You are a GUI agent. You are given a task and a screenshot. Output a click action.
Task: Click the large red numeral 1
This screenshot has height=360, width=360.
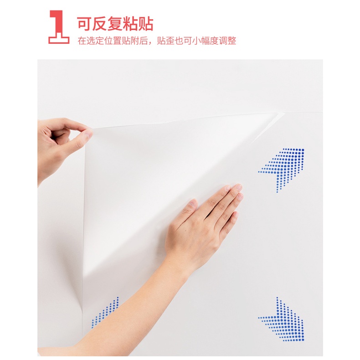[59, 27]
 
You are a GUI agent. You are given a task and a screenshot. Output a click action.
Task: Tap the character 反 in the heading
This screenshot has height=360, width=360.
[99, 24]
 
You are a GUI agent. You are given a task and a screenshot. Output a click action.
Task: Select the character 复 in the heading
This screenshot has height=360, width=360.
[115, 24]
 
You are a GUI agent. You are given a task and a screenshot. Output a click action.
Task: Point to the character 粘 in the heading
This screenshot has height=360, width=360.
[130, 24]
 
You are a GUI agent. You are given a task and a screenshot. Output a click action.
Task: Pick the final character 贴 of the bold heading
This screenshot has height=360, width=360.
[145, 24]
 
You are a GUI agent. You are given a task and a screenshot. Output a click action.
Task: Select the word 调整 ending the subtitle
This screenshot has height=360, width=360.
[227, 41]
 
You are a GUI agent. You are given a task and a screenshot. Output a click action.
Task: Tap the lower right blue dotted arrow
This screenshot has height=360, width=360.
[282, 319]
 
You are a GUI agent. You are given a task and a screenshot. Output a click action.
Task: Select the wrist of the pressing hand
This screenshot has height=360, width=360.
[181, 259]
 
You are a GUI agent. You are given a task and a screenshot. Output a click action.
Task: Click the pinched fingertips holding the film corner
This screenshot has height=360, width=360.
[88, 133]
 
